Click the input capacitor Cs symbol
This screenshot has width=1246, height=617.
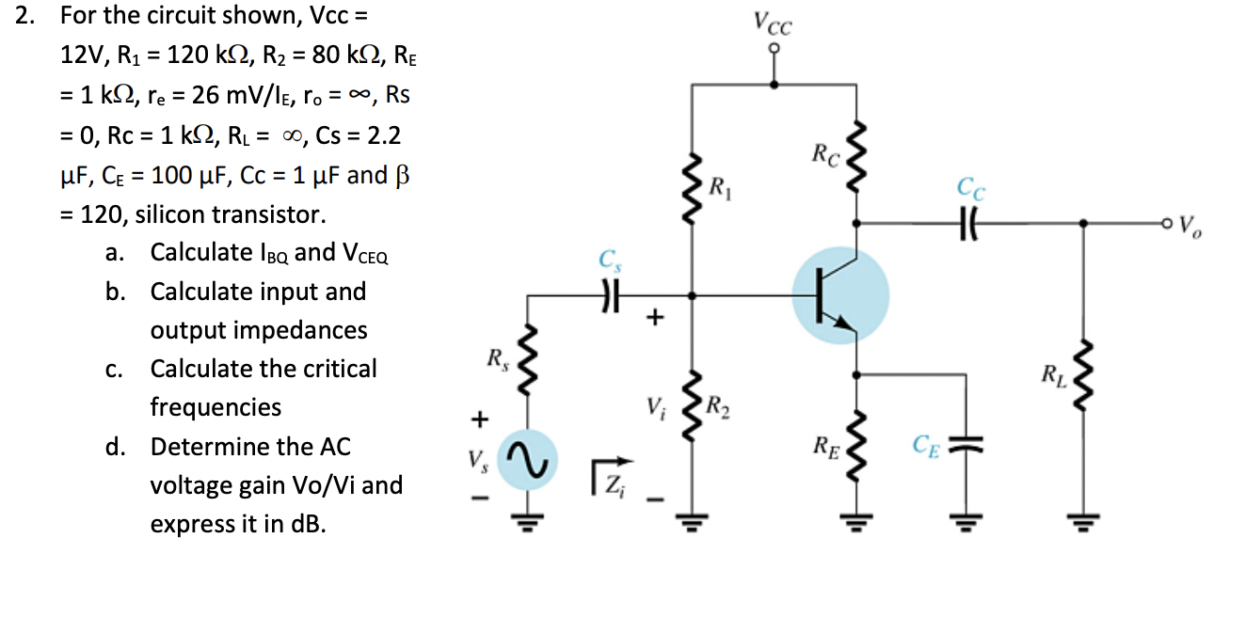click(x=612, y=295)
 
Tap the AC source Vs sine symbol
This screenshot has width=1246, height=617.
click(x=526, y=460)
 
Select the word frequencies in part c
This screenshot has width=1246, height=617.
click(x=216, y=407)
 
